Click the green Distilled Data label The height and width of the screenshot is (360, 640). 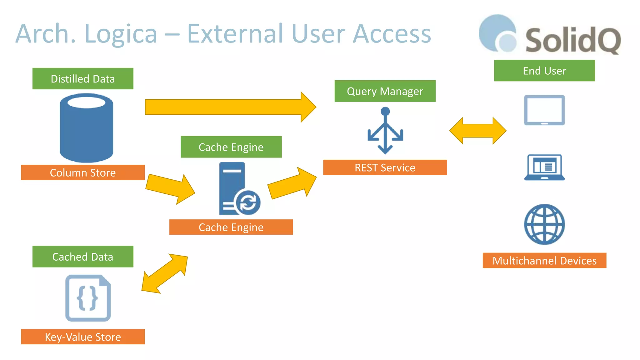coord(83,78)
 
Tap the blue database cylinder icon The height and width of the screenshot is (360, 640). coord(86,128)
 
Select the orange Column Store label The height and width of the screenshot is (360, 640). coord(83,172)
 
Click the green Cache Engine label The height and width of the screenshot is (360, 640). coord(231,147)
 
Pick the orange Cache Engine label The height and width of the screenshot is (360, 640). coord(231,227)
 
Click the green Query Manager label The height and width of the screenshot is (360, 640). coord(385,91)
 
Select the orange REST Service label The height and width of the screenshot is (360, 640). coord(385,167)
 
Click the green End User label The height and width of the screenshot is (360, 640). coord(544,71)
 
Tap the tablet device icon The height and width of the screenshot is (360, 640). coord(544,110)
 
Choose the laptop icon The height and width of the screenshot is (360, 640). coord(544,167)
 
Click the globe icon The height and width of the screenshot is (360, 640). coord(544,224)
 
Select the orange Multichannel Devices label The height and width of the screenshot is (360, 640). coord(544,260)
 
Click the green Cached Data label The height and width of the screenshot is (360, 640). coord(83,257)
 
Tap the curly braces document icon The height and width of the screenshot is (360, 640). coord(88,298)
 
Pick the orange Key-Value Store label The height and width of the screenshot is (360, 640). coord(83,337)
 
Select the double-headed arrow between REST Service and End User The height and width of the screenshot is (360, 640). coord(477,131)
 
